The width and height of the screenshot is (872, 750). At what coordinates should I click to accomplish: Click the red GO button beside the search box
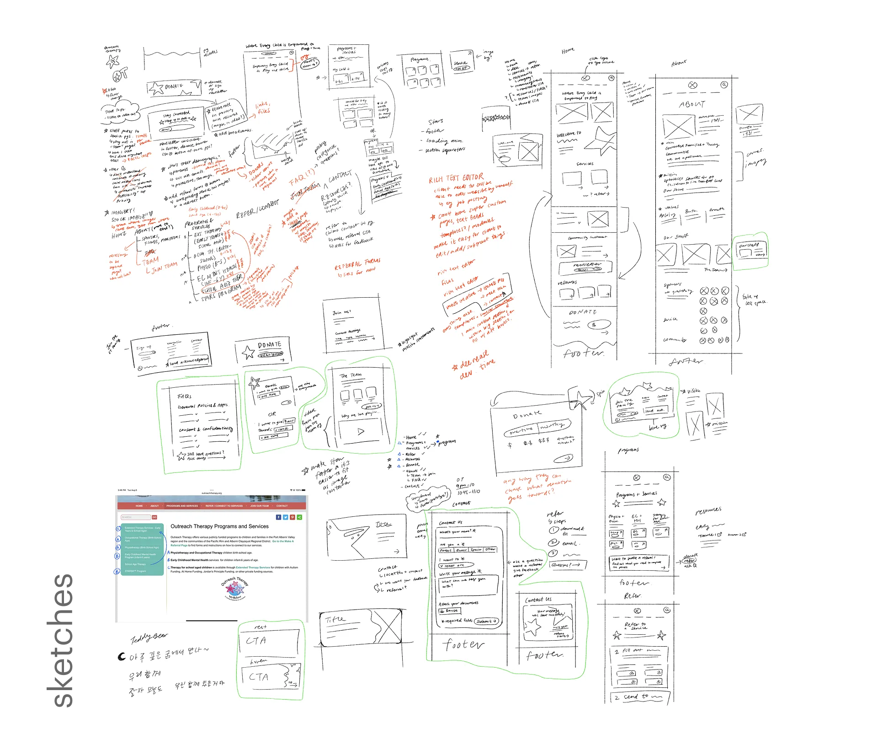pos(154,517)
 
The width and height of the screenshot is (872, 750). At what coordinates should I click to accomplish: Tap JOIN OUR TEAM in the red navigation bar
pos(260,506)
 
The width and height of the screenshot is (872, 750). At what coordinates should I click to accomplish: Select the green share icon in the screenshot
pos(299,517)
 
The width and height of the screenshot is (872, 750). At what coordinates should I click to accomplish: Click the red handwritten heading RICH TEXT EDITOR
pos(456,178)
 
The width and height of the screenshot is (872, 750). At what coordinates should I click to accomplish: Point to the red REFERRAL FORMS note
pos(357,264)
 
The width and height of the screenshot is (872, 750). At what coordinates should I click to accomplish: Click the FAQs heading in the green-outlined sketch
pos(185,396)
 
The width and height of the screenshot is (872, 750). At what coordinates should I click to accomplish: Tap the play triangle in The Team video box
pos(361,431)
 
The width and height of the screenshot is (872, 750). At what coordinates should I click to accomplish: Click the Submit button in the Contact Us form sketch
pos(486,621)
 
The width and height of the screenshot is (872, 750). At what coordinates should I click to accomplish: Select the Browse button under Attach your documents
pos(449,611)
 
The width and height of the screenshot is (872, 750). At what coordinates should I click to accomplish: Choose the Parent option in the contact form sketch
pos(446,550)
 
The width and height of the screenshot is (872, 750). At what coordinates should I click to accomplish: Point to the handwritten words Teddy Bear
pos(149,637)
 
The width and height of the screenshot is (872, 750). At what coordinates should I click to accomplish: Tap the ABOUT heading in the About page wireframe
pos(692,104)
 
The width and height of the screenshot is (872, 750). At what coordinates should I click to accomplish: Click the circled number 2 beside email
pos(554,542)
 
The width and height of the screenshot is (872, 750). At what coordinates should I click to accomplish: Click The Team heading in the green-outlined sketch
pos(351,375)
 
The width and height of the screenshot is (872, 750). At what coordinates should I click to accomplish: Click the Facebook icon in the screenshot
pos(279,517)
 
